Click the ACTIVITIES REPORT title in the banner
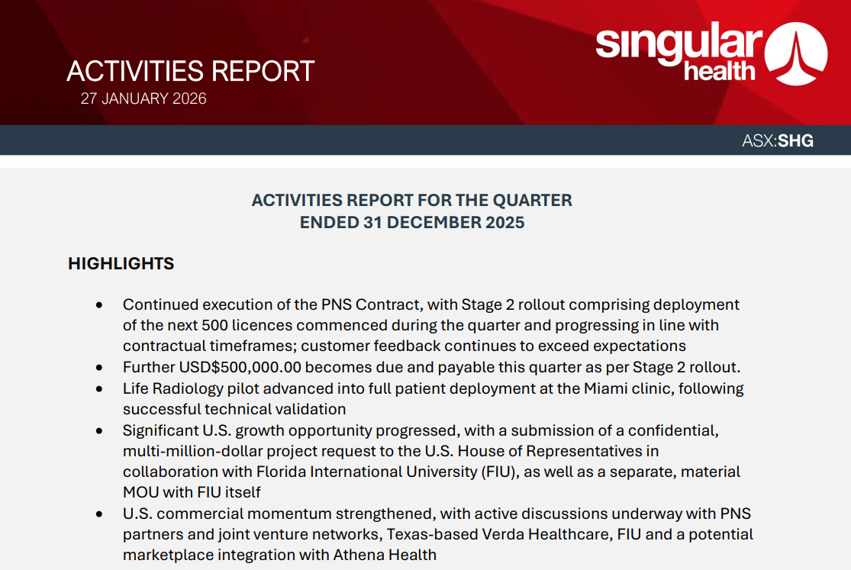[190, 71]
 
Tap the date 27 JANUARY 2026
[143, 98]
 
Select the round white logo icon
[797, 53]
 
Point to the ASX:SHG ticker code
[777, 141]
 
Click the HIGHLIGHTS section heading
[121, 264]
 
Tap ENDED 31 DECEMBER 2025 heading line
[411, 223]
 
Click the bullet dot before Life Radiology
[99, 388]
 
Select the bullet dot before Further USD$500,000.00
[99, 367]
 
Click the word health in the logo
[719, 72]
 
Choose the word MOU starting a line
[140, 492]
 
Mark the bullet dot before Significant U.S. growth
[99, 430]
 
